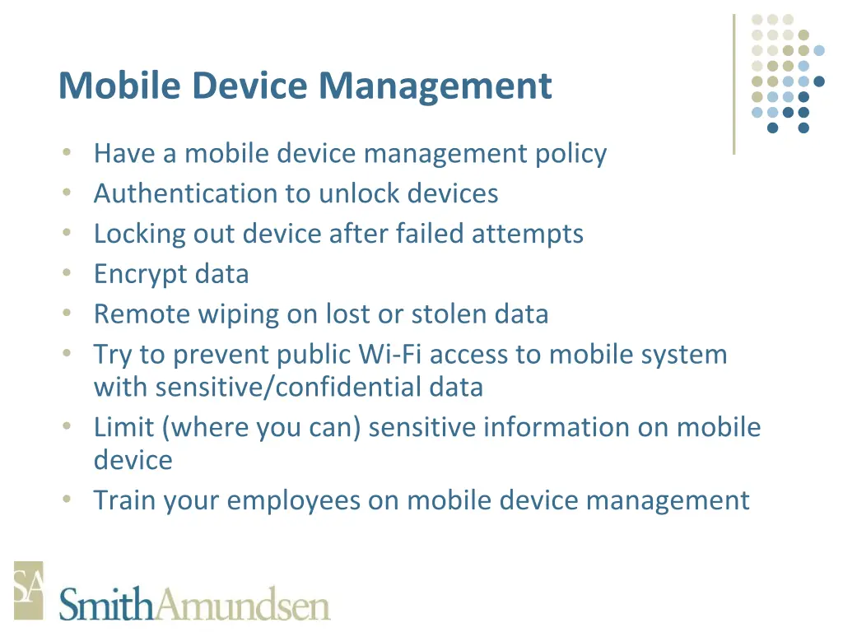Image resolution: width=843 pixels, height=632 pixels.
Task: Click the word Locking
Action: click(x=140, y=234)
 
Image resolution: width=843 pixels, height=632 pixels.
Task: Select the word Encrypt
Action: click(x=130, y=274)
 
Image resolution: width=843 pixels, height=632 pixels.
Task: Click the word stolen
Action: click(x=449, y=314)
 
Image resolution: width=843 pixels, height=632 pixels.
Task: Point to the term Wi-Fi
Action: click(x=392, y=355)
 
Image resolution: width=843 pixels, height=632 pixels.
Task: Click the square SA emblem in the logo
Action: click(x=28, y=590)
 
